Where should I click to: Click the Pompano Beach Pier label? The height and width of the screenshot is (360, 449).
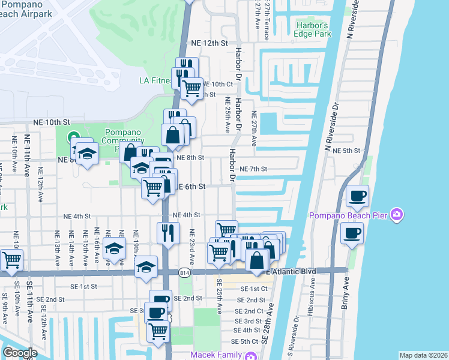coord(348,215)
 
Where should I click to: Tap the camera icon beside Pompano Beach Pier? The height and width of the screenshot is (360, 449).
coord(396,214)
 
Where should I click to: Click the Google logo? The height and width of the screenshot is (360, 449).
coord(20,353)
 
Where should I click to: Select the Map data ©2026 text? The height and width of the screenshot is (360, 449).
coord(423,355)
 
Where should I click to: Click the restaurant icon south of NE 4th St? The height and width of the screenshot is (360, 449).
coord(168,232)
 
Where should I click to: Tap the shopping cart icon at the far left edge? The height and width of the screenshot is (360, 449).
coord(11,260)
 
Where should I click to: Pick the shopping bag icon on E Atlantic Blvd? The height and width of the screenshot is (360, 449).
coord(256,261)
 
